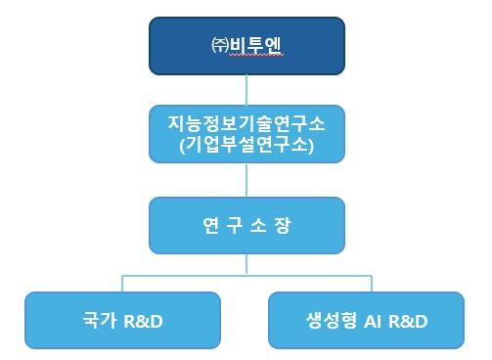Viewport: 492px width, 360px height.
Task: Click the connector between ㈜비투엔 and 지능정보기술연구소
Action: click(246, 89)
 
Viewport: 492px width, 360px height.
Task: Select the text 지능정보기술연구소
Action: click(246, 124)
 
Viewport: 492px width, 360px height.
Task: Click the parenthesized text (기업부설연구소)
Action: click(246, 146)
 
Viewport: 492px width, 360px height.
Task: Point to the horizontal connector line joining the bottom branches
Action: click(246, 275)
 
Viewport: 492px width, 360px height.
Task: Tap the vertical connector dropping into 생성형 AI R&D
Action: click(365, 283)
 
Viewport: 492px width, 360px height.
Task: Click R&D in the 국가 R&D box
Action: click(141, 321)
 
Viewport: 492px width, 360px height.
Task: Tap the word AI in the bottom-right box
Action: click(370, 321)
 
